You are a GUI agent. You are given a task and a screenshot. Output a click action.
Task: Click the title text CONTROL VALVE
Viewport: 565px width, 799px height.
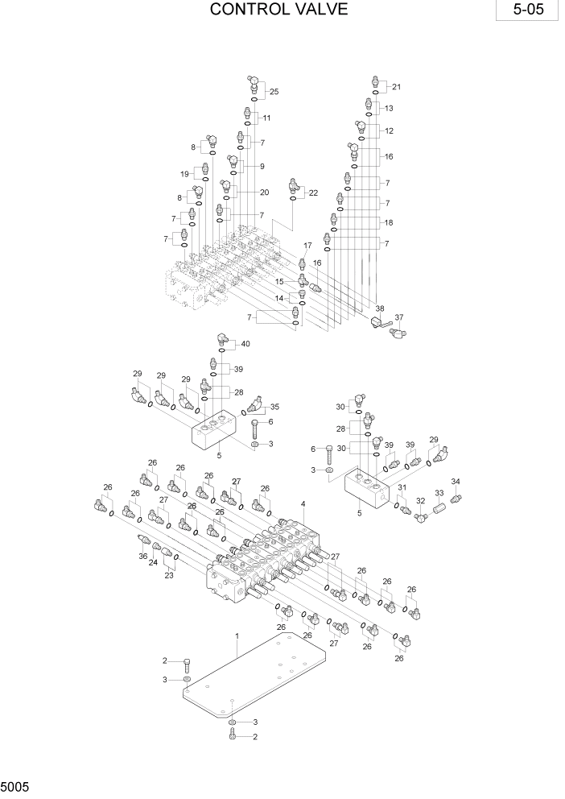click(278, 10)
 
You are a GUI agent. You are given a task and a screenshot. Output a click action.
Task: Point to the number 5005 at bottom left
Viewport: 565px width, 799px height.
click(17, 786)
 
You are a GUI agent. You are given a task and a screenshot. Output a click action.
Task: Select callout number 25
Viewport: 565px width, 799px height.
click(274, 92)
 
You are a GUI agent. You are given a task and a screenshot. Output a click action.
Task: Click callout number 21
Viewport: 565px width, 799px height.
click(396, 87)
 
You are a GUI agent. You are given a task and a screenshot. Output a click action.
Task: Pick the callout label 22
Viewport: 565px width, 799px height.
click(313, 193)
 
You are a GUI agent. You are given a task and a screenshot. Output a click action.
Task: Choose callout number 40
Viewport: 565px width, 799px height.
click(245, 344)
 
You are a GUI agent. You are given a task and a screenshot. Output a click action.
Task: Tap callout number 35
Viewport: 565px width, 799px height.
click(274, 407)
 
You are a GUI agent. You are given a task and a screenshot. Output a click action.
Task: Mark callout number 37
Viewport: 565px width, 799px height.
click(399, 317)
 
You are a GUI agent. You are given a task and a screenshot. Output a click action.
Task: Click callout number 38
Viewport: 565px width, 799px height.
click(380, 308)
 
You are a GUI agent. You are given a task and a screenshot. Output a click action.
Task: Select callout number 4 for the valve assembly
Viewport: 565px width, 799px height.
click(303, 504)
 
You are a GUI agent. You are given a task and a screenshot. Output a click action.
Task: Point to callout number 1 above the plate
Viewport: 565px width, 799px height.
click(237, 636)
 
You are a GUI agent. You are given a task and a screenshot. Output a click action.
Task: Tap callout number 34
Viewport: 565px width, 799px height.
click(456, 482)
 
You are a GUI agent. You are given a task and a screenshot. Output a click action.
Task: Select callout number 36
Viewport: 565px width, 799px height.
click(142, 556)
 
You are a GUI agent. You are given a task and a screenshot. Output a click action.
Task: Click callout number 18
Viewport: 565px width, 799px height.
click(389, 222)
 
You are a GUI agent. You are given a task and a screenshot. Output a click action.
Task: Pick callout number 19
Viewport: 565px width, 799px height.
click(184, 174)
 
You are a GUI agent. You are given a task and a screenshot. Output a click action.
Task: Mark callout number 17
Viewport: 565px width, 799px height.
click(307, 245)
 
